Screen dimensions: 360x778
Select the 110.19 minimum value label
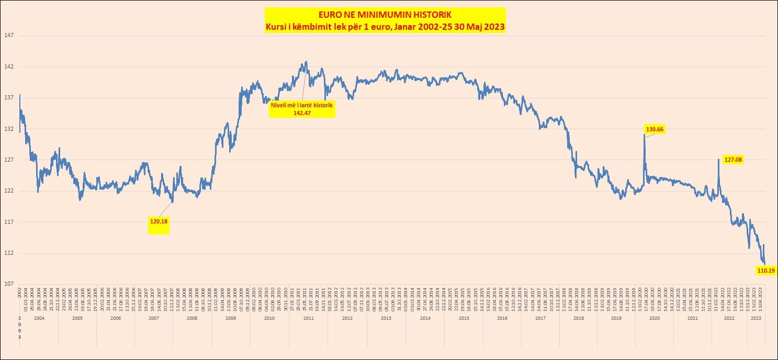click(766, 271)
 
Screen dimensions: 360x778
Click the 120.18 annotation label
click(159, 221)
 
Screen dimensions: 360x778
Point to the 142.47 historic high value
click(302, 113)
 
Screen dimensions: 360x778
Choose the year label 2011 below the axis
click(308, 318)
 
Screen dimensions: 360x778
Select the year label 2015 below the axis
click(463, 318)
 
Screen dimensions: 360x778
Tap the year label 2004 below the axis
click(39, 318)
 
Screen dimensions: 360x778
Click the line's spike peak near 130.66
click(644, 135)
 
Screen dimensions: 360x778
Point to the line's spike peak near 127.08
click(718, 159)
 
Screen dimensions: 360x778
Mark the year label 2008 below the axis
click(192, 318)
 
